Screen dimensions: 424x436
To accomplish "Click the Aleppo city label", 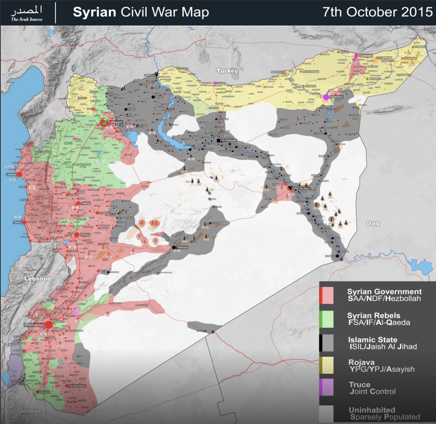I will [x=116, y=122].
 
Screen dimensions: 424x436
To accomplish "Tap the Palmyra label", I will [x=182, y=247].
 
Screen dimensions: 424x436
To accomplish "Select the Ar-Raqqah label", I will [x=229, y=140].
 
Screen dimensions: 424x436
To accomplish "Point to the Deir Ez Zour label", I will [x=301, y=188].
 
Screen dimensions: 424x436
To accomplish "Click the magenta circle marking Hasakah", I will [x=326, y=97].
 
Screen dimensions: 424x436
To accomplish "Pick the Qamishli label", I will [x=366, y=56].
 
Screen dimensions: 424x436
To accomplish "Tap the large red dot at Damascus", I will [x=49, y=325].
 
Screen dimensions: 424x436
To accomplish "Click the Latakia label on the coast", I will [x=11, y=174].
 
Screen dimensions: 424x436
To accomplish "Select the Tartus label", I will [x=17, y=222].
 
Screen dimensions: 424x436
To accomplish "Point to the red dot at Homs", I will [x=77, y=234].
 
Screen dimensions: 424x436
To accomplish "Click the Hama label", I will [x=86, y=203].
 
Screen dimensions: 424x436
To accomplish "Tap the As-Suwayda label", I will [x=77, y=386].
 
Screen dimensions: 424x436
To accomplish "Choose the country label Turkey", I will [x=227, y=71].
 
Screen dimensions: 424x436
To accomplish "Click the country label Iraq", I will [x=373, y=223].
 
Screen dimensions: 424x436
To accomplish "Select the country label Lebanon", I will [x=38, y=279].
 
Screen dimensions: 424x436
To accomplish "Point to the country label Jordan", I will [x=30, y=411].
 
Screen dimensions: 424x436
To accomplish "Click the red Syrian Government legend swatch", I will [x=326, y=295].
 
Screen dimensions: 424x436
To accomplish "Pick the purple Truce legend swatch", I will [x=326, y=387].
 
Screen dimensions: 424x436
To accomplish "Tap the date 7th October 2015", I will [x=377, y=12].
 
